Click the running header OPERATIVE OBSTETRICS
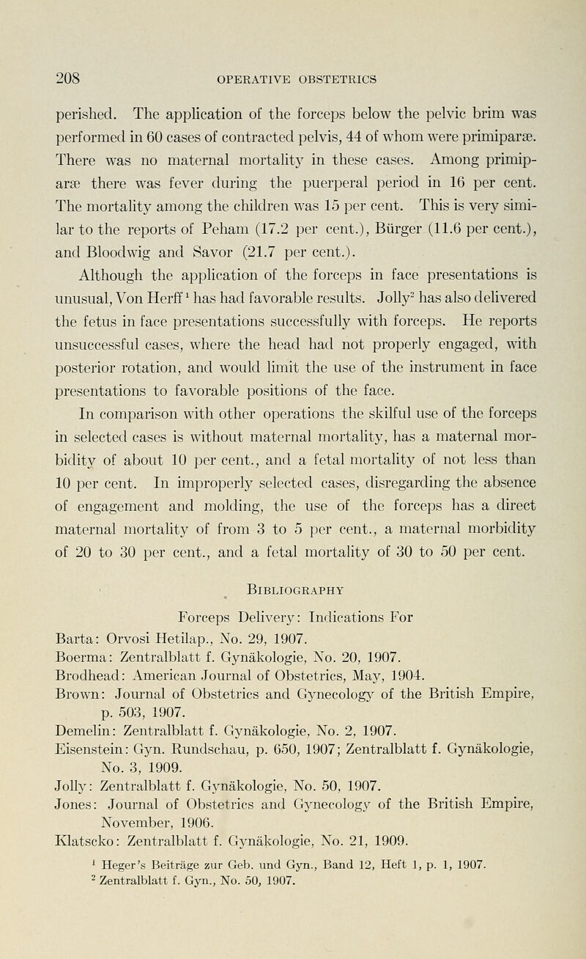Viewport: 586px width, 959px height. [x=294, y=76]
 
